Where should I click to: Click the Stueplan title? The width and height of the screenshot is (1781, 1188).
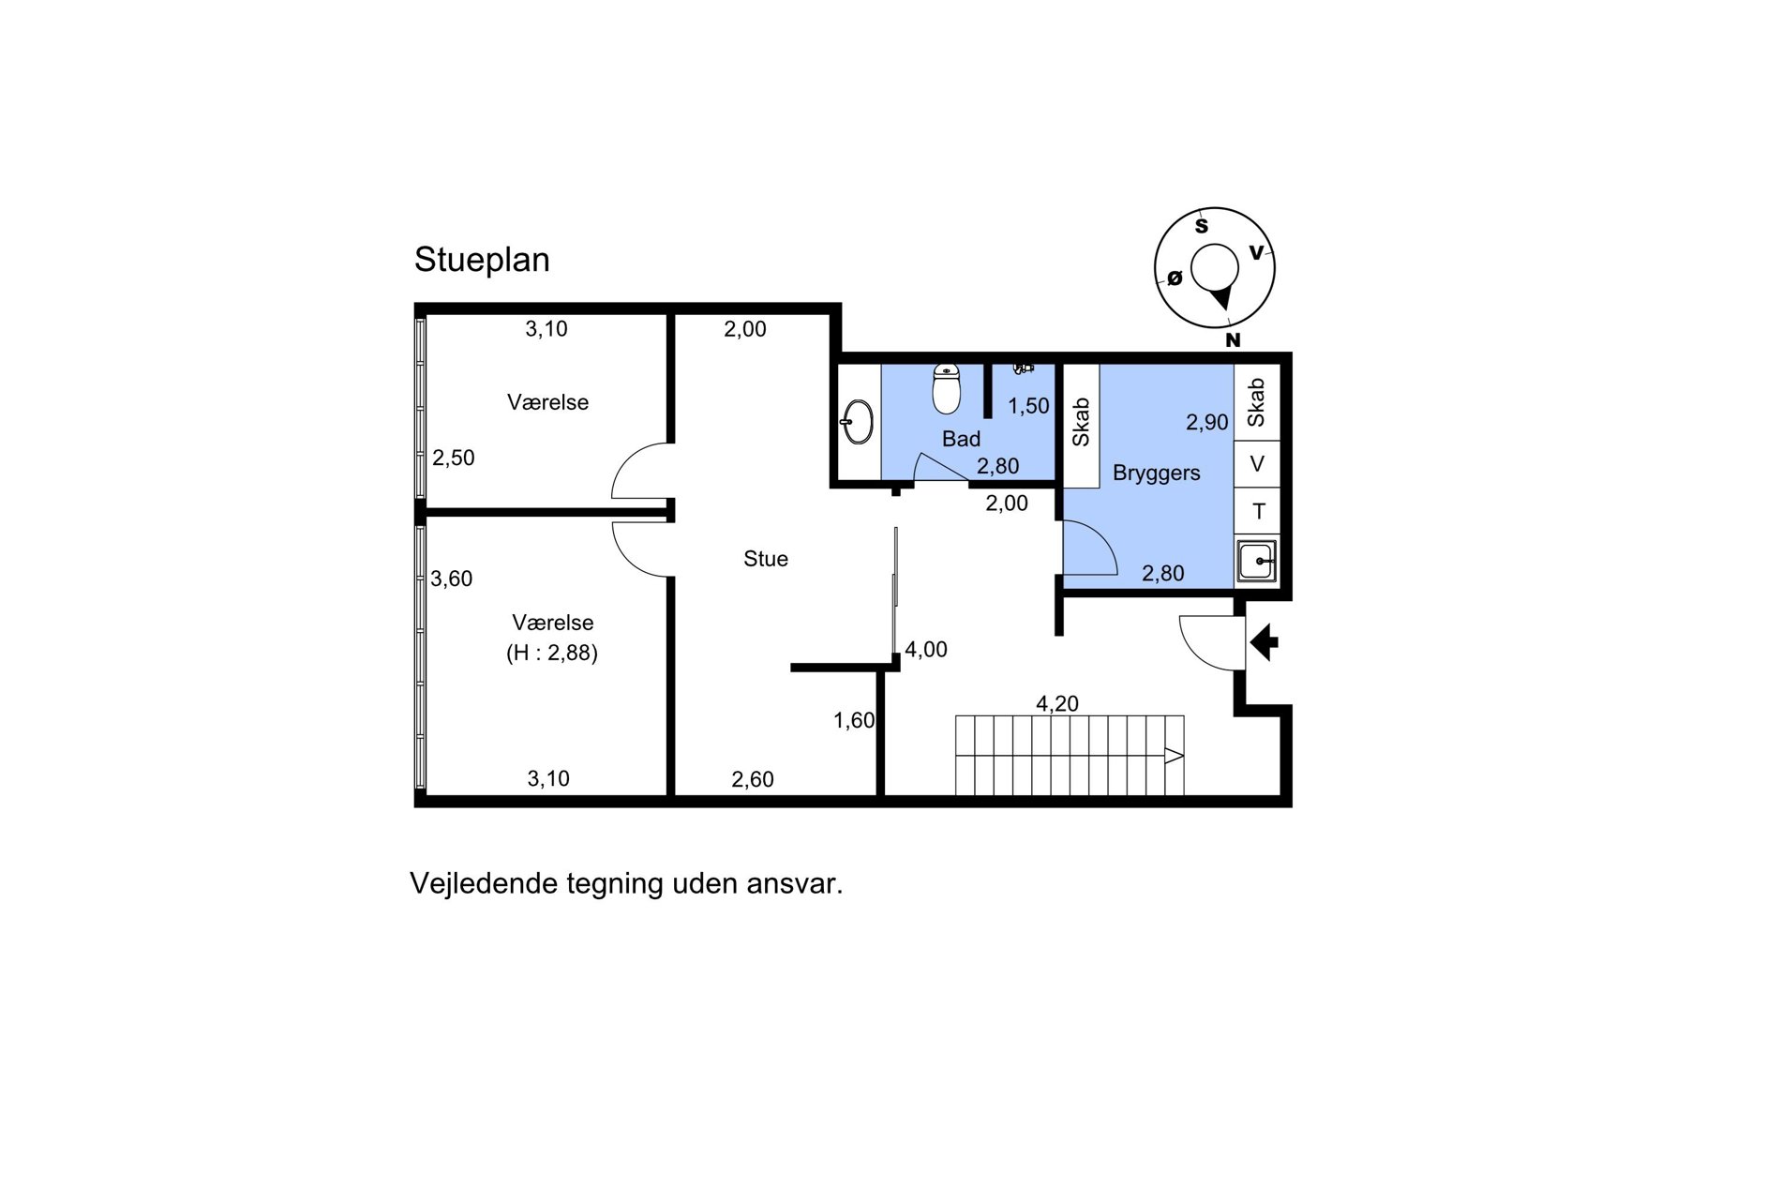pos(482,261)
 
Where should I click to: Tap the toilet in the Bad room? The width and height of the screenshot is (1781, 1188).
pos(947,389)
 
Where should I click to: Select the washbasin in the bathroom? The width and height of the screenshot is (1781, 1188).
pos(857,423)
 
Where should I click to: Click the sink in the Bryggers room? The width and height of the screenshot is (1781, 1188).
pos(1256,561)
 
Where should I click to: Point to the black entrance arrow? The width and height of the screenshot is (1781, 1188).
pos(1265,642)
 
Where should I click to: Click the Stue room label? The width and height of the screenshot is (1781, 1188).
pos(766,559)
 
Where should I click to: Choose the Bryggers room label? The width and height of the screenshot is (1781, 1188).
pos(1157,474)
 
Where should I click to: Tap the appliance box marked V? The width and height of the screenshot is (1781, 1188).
pos(1257,463)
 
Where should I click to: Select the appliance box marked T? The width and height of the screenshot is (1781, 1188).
pos(1257,511)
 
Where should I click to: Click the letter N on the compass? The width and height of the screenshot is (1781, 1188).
pos(1233,340)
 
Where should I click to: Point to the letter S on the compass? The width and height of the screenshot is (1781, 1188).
pos(1201,226)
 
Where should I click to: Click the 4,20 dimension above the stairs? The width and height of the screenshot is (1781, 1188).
pos(1057,703)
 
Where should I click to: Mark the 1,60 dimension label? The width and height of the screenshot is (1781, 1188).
pos(854,720)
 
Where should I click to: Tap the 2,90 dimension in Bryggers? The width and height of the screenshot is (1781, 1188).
pos(1206,423)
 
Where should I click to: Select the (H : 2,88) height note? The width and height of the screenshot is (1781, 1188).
pos(552,654)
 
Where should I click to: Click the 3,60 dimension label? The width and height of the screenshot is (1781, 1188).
pos(451,579)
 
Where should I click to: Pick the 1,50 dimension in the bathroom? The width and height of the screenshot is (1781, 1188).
pos(1028,406)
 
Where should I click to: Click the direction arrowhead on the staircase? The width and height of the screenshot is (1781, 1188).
pos(1175,755)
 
